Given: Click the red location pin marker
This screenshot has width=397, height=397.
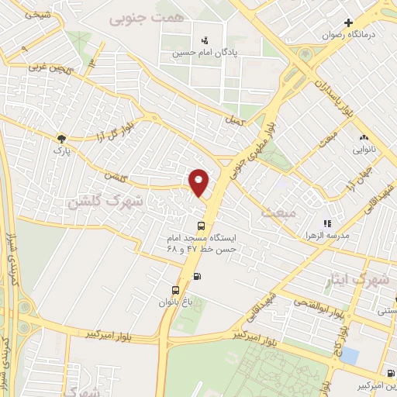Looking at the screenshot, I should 199,181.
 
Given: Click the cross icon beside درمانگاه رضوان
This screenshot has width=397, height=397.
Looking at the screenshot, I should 349,23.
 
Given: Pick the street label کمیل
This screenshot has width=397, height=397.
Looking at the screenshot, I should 233,122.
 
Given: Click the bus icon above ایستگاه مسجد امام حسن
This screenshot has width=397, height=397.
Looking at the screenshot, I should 202,226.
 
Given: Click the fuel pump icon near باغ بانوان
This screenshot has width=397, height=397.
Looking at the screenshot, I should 197,277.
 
